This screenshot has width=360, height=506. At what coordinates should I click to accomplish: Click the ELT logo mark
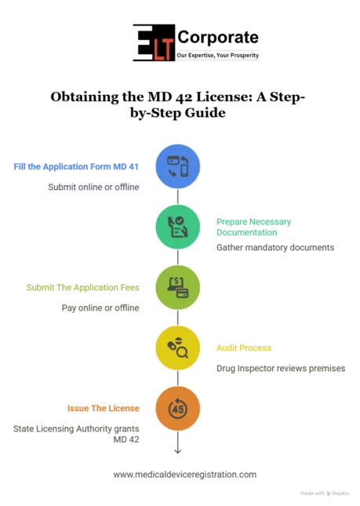tap(155, 42)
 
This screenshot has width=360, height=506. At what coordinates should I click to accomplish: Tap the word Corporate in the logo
tap(218, 37)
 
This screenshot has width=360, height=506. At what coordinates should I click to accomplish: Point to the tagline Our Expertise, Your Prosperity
tap(218, 55)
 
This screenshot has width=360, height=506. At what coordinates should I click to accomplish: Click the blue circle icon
tap(178, 166)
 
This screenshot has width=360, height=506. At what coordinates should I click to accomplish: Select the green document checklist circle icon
tap(178, 227)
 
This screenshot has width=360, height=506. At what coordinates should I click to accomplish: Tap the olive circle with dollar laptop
tap(178, 287)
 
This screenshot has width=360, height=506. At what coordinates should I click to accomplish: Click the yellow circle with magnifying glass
tap(178, 348)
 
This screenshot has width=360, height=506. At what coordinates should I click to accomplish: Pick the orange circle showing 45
tap(178, 409)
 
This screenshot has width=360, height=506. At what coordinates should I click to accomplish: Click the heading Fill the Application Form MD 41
tap(76, 167)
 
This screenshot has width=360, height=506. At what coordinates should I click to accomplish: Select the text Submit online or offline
tap(93, 187)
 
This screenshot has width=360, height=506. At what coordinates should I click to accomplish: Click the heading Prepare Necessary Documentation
tap(253, 227)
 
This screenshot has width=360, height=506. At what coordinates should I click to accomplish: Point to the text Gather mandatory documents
tap(275, 248)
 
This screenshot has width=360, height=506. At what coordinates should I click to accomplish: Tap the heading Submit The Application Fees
tap(83, 288)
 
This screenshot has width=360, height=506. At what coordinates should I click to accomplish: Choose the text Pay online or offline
tap(100, 308)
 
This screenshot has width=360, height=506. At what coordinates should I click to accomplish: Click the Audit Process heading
tap(244, 348)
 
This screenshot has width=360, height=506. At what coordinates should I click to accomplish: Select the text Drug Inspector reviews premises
tap(281, 369)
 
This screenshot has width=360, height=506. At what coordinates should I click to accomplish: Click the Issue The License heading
tap(104, 408)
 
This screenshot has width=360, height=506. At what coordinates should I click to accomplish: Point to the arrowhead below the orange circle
tap(178, 451)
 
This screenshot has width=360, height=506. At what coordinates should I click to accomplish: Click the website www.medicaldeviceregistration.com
tap(185, 475)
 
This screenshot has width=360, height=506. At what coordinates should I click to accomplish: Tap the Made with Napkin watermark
tap(325, 493)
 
